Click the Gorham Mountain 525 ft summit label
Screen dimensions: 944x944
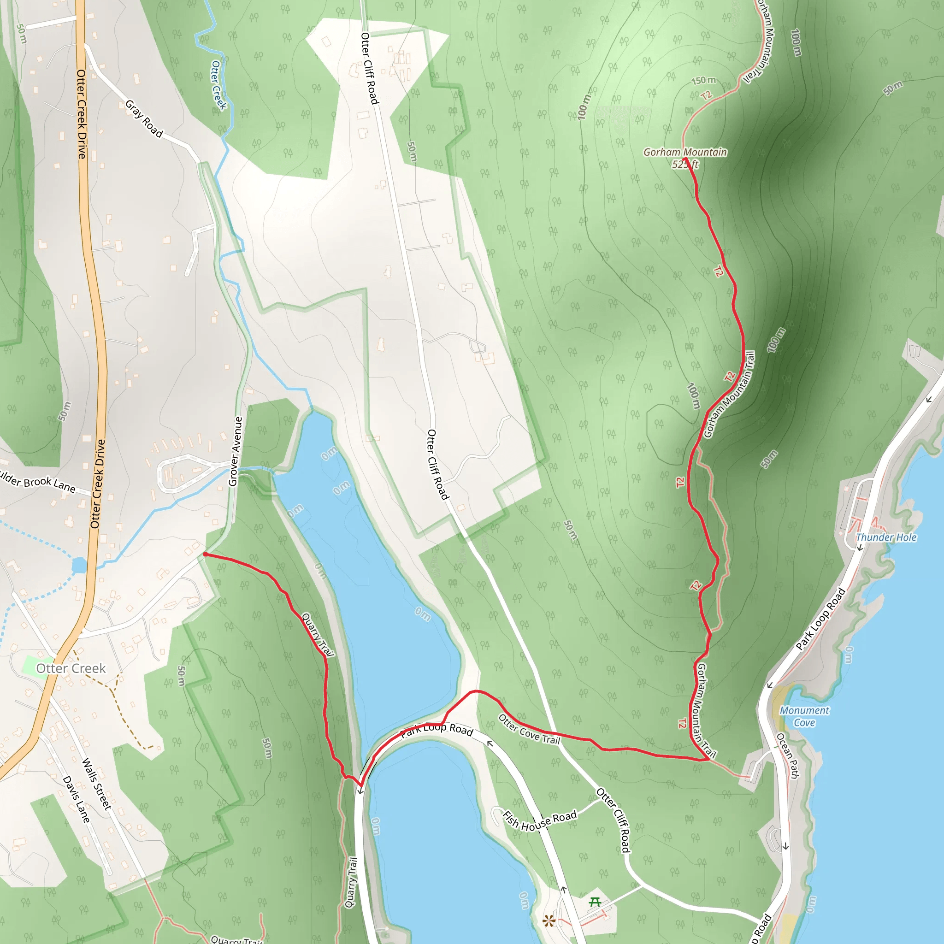point(685,158)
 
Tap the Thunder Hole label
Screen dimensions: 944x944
point(886,537)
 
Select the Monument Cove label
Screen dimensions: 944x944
point(804,716)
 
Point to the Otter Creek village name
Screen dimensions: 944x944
point(71,668)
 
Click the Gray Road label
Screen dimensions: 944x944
point(144,119)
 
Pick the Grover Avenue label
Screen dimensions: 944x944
point(236,451)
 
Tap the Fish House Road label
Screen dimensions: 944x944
point(539,820)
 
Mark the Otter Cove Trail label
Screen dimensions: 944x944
point(529,729)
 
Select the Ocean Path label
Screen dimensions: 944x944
point(788,755)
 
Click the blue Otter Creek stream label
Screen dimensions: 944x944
point(218,85)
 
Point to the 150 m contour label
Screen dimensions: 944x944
point(703,80)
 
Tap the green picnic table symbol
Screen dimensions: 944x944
point(595,902)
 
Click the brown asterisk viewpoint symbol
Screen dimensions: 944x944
point(549,921)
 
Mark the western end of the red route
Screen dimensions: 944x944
point(205,554)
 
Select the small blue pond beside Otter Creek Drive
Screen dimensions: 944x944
point(79,565)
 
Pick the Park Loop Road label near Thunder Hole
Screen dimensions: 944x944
point(820,619)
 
